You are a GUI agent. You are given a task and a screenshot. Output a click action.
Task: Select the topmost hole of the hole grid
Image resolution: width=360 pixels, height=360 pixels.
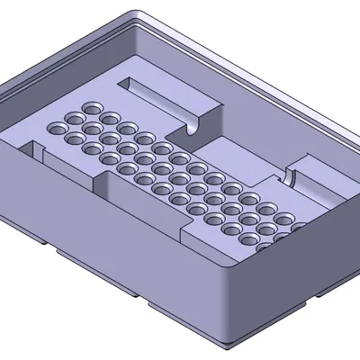(x=91, y=107)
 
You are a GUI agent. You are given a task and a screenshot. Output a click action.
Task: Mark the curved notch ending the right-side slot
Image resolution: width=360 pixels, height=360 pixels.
(x=292, y=176)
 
